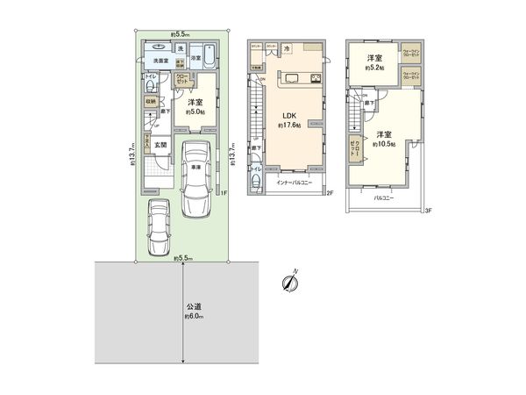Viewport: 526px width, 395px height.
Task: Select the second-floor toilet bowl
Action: click(253, 183)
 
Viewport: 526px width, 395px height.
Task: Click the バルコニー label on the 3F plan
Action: click(383, 200)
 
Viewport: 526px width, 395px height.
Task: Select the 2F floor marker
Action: click(329, 191)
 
